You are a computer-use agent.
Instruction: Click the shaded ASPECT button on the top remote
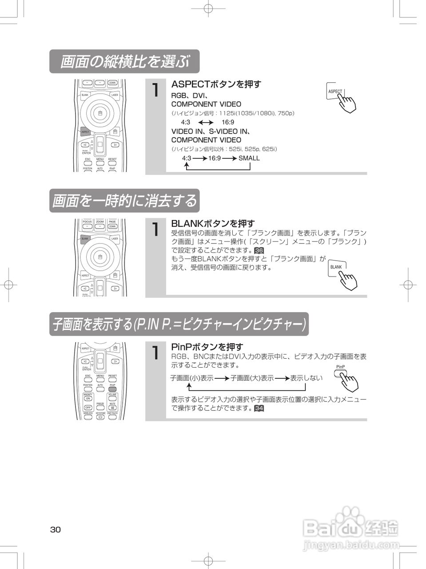pos(85,132)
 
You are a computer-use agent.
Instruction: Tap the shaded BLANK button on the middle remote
pos(85,239)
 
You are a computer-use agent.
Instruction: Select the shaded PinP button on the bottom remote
pos(112,389)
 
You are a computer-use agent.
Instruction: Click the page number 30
pos(56,529)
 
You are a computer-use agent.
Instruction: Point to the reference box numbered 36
pos(259,251)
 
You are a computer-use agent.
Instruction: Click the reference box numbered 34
pos(259,408)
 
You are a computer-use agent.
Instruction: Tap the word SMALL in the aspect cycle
pos(249,158)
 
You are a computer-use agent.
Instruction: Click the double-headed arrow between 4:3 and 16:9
pos(206,123)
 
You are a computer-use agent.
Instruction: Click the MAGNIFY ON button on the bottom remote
pos(88,398)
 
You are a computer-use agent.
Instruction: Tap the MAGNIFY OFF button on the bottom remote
pos(88,408)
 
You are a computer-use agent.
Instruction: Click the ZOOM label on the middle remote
pos(100,221)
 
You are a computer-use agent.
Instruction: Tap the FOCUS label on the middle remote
pos(87,221)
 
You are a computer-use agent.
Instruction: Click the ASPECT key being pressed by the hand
pos(335,92)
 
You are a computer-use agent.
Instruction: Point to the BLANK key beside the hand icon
pos(336,267)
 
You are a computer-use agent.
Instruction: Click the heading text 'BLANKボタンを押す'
pos(213,223)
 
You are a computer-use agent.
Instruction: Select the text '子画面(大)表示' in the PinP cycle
pos(252,378)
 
